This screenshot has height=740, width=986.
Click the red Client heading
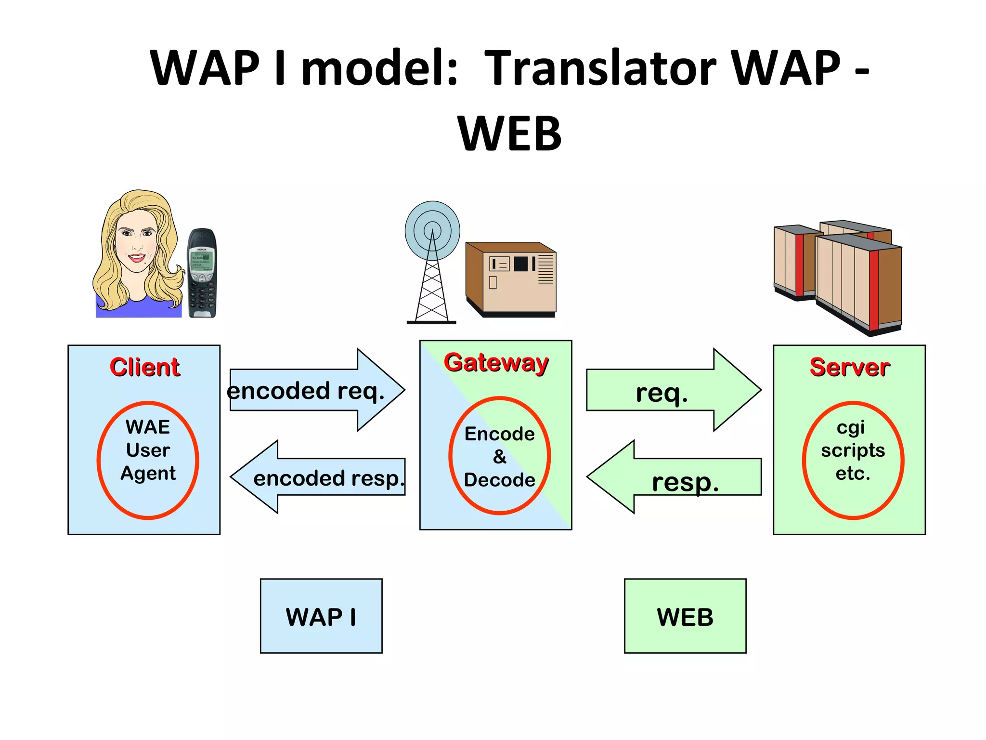click(x=145, y=367)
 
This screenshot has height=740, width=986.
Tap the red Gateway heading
click(x=496, y=362)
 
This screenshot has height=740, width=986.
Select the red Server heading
click(x=850, y=367)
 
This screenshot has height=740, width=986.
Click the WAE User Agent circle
click(x=148, y=460)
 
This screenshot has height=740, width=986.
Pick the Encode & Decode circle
click(x=500, y=456)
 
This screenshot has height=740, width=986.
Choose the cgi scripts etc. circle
click(x=853, y=460)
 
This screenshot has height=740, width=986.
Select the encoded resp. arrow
click(x=318, y=477)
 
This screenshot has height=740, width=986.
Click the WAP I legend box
click(x=321, y=616)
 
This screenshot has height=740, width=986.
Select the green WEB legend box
click(x=685, y=616)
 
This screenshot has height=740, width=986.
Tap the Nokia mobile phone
click(x=202, y=273)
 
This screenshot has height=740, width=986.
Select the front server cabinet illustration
click(x=859, y=284)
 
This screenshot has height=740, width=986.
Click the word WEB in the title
click(x=509, y=134)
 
